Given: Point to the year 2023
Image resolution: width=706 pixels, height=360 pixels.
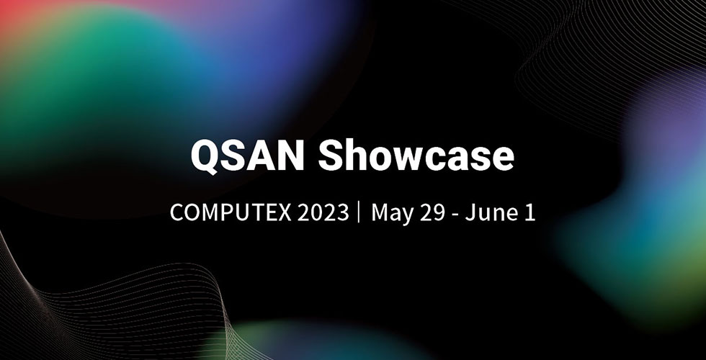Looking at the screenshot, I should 318,213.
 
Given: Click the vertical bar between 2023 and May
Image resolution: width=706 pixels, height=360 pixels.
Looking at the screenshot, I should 359,213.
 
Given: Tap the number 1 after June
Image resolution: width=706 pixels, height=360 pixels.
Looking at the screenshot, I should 530,213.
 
